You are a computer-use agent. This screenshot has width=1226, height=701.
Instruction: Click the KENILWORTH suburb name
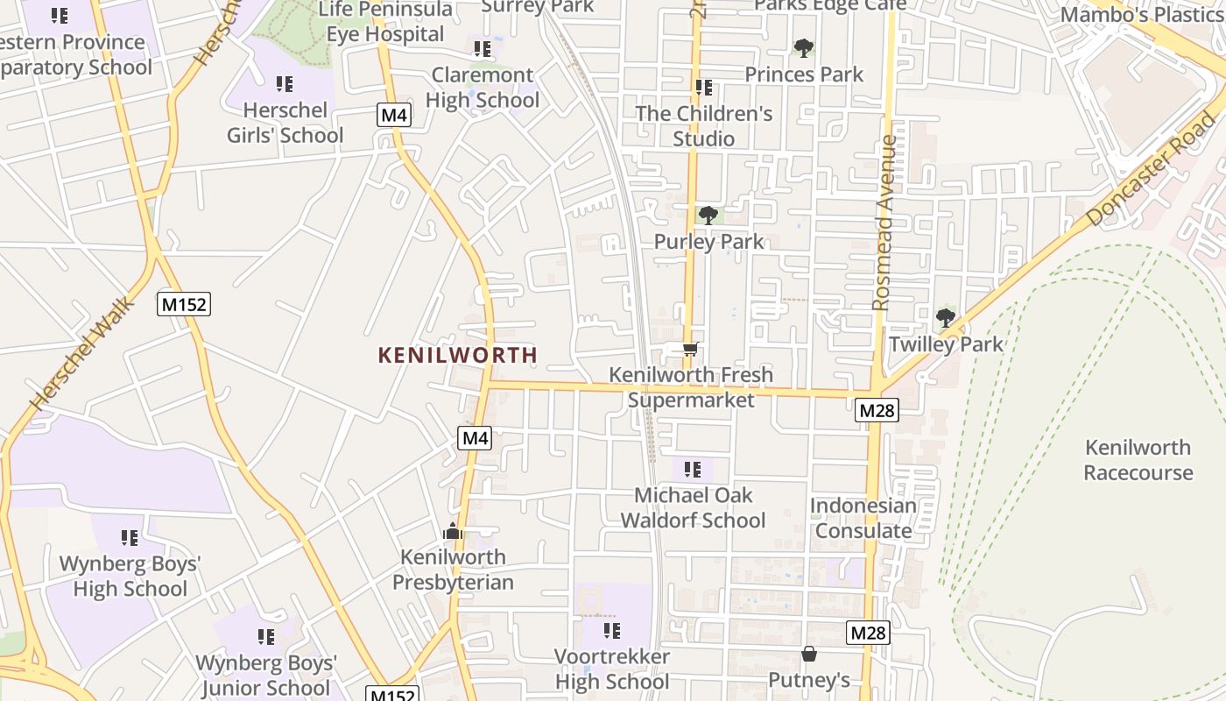tap(457, 355)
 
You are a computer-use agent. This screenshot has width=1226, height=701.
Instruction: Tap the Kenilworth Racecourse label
tap(1138, 460)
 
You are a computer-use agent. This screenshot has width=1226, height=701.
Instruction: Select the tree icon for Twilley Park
tap(945, 317)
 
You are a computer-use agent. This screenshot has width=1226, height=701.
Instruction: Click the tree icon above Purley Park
tap(708, 215)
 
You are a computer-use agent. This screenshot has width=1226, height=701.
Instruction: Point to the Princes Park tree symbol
tap(803, 47)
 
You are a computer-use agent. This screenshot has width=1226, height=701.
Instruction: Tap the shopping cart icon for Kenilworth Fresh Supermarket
tap(691, 350)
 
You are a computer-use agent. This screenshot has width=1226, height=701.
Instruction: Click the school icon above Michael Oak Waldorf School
tap(693, 470)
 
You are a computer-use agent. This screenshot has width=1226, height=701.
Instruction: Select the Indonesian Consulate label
tap(863, 518)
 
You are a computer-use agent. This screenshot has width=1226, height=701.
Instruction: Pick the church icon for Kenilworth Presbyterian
tap(453, 531)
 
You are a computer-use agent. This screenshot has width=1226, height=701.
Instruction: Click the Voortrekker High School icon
tap(612, 630)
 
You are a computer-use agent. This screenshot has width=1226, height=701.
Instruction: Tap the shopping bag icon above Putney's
tap(809, 654)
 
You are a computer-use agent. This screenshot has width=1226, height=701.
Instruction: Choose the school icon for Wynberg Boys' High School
tap(130, 537)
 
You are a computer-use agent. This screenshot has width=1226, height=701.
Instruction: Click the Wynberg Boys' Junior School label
tap(266, 676)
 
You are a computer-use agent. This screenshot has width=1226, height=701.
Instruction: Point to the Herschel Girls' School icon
tap(285, 84)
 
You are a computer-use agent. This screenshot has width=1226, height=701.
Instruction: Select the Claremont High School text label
tap(483, 88)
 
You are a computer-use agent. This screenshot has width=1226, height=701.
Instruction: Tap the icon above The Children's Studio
tap(703, 88)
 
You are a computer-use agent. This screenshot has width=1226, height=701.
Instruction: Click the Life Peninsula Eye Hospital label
tap(385, 22)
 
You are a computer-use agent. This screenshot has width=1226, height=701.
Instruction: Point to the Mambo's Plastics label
tap(1141, 15)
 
